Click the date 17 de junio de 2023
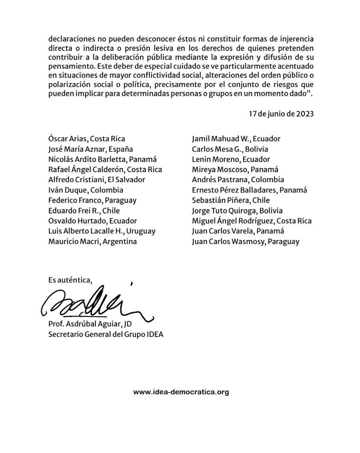(x=281, y=114)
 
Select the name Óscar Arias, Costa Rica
(x=87, y=139)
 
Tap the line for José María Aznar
(x=90, y=149)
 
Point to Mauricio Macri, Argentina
(x=93, y=241)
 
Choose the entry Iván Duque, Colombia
(x=86, y=190)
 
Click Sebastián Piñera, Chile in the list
(x=231, y=200)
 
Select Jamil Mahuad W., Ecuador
(x=236, y=139)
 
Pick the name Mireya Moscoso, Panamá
(x=235, y=170)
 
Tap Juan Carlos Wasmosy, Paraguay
(x=246, y=241)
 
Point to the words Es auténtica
(x=70, y=280)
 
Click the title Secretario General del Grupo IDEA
(x=106, y=335)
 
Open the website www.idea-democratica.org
(x=181, y=392)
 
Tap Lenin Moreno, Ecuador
(x=231, y=159)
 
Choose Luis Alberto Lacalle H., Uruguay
(x=102, y=231)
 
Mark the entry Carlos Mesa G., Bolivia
(x=230, y=149)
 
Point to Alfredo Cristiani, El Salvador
(x=97, y=180)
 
